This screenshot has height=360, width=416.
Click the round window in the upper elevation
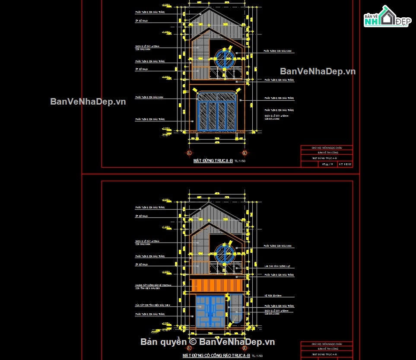click(x=224, y=59)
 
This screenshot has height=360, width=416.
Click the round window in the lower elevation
click(x=224, y=253)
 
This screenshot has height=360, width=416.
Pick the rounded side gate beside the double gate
click(x=236, y=308)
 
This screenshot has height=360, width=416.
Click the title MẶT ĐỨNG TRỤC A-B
click(x=213, y=161)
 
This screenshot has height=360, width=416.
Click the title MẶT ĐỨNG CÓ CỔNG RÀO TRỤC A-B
click(x=216, y=355)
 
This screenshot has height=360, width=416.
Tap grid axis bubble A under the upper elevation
click(x=189, y=153)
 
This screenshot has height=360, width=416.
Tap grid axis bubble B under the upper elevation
click(x=245, y=153)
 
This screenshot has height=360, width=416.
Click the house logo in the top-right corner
click(x=386, y=17)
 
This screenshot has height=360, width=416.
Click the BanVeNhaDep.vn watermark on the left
click(x=88, y=102)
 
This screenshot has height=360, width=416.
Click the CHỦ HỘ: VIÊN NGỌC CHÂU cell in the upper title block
click(x=327, y=148)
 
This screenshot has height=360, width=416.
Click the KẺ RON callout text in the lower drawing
click(x=273, y=296)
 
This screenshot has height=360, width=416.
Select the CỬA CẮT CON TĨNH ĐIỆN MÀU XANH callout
click(x=153, y=305)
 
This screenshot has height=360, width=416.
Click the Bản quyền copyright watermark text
click(x=207, y=342)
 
